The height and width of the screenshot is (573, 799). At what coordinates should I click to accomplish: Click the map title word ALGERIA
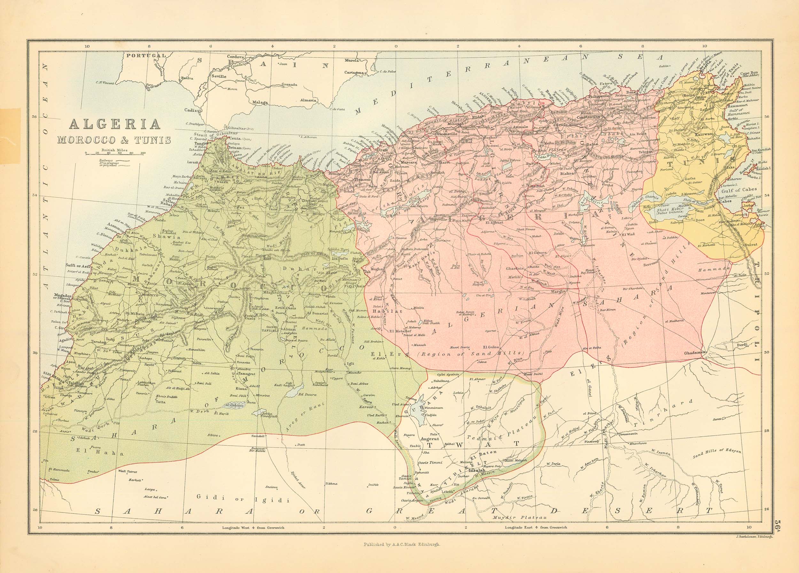click(x=115, y=124)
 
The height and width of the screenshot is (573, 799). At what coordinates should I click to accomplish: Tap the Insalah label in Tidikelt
click(x=477, y=470)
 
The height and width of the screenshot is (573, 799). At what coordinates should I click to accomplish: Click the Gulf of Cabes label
click(x=744, y=189)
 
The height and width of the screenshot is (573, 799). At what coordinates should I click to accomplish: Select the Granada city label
click(x=289, y=94)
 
